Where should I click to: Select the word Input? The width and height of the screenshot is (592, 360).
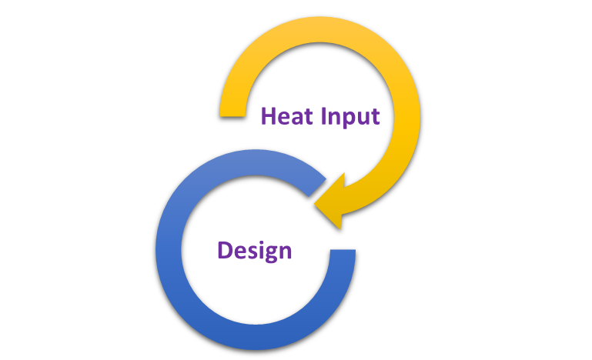point(350,118)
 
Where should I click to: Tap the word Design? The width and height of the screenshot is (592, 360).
point(255,251)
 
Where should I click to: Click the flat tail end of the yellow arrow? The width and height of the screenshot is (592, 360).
point(233,115)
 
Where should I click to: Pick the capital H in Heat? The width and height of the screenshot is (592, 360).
point(269,116)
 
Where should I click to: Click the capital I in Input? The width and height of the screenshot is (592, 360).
point(323,116)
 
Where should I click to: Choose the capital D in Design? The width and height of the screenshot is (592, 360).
point(225,251)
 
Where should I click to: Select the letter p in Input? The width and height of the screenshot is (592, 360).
point(350,120)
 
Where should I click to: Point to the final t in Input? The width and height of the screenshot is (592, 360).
point(375,117)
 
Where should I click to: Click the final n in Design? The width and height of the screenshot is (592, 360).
point(286,252)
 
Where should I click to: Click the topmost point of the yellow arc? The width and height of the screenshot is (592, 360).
point(319,17)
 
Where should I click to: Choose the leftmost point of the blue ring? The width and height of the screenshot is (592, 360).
point(156,250)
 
